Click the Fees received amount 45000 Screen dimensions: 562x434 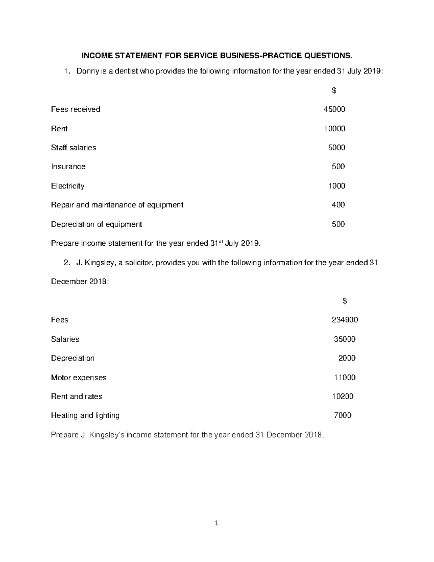pyautogui.click(x=334, y=109)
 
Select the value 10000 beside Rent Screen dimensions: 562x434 pyautogui.click(x=334, y=128)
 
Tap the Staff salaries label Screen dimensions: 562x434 pyautogui.click(x=73, y=148)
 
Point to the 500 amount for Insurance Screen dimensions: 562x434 pyautogui.click(x=338, y=166)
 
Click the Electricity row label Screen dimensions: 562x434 pyautogui.click(x=68, y=186)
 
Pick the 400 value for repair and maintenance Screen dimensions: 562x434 pyautogui.click(x=338, y=205)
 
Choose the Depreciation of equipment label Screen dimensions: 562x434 pyautogui.click(x=96, y=224)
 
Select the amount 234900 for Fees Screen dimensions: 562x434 pyautogui.click(x=345, y=320)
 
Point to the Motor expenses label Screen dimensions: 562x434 pyautogui.click(x=78, y=377)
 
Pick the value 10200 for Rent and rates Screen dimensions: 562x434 pyautogui.click(x=343, y=397)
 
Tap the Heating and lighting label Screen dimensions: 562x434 pyautogui.click(x=85, y=415)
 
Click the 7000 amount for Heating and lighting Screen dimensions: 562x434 pyautogui.click(x=342, y=415)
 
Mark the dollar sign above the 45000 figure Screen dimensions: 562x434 pyautogui.click(x=334, y=90)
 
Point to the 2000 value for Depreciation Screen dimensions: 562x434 pyautogui.click(x=347, y=358)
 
